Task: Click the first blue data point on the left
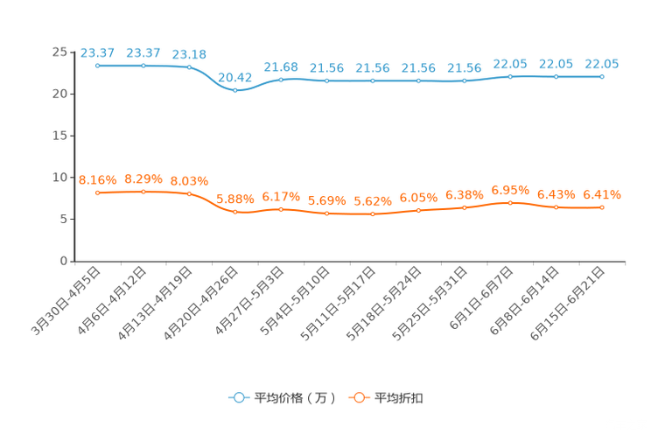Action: [x=98, y=66]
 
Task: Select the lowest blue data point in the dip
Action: [x=235, y=89]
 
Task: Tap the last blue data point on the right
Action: [x=602, y=77]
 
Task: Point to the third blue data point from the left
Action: [x=189, y=67]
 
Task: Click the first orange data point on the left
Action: [x=98, y=192]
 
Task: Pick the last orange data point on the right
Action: [x=602, y=206]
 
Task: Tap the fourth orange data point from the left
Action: [x=235, y=212]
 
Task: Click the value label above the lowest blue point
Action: [x=234, y=76]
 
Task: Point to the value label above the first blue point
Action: [x=97, y=52]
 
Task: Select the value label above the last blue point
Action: [x=602, y=64]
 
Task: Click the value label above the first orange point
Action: [x=97, y=179]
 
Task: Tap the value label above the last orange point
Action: [x=602, y=193]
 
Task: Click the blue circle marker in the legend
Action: [x=238, y=398]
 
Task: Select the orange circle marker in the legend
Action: [x=358, y=398]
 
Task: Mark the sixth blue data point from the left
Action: [x=327, y=80]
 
